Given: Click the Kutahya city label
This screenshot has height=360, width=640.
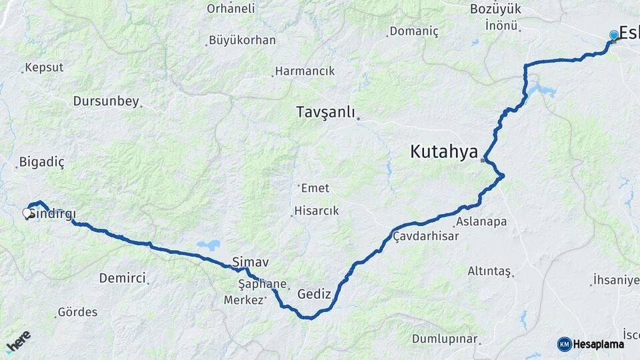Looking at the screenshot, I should pyautogui.click(x=443, y=152).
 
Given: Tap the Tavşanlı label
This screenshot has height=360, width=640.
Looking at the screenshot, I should pyautogui.click(x=325, y=112).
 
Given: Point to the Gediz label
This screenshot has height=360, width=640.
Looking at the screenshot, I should pyautogui.click(x=314, y=293).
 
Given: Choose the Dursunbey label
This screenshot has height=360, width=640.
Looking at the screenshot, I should pyautogui.click(x=106, y=101).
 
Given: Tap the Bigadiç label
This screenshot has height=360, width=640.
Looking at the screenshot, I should pyautogui.click(x=41, y=162).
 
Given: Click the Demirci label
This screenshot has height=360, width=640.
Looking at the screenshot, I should pyautogui.click(x=122, y=278).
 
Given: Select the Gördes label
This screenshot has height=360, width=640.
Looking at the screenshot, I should pyautogui.click(x=77, y=312).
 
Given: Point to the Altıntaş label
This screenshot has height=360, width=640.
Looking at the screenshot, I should pyautogui.click(x=489, y=271).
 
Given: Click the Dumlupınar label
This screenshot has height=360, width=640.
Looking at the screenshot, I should pyautogui.click(x=445, y=339).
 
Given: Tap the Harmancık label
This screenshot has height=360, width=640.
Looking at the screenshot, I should pyautogui.click(x=305, y=71).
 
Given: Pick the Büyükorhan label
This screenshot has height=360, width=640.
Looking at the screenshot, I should pyautogui.click(x=242, y=40).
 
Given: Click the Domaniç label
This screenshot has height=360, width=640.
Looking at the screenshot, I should pyautogui.click(x=413, y=31).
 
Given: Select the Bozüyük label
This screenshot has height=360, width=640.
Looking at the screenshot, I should pyautogui.click(x=495, y=9).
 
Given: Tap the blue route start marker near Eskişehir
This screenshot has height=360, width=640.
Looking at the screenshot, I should pyautogui.click(x=614, y=35).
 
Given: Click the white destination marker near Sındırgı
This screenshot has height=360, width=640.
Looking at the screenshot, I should pyautogui.click(x=27, y=213).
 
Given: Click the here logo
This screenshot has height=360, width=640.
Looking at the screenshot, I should pyautogui.click(x=18, y=341).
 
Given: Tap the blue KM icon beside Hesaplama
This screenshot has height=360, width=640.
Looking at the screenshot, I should pyautogui.click(x=564, y=344).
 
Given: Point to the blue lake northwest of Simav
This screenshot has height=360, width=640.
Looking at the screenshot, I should pyautogui.click(x=208, y=245).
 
